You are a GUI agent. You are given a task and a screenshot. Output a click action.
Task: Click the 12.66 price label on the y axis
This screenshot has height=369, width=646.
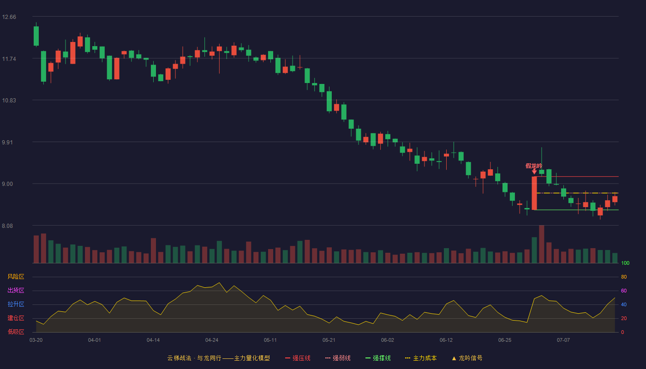[9, 17]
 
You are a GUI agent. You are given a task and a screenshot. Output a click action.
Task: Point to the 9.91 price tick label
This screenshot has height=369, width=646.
[7, 143]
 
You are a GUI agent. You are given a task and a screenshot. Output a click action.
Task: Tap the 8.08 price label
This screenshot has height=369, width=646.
[7, 226]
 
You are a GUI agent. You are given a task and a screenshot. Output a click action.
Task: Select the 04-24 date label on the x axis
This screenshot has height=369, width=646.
[212, 340]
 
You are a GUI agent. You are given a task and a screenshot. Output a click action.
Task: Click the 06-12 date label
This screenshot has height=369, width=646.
[446, 340]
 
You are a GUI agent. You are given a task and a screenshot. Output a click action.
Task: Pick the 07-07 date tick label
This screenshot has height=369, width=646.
[563, 340]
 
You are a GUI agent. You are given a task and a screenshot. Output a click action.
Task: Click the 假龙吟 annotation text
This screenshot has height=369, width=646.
[534, 166]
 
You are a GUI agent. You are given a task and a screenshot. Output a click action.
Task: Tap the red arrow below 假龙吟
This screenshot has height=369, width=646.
[534, 172]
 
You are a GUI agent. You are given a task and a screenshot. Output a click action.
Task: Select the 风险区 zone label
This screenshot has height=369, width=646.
[16, 277]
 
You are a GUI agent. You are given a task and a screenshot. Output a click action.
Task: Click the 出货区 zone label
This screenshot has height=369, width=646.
[16, 290]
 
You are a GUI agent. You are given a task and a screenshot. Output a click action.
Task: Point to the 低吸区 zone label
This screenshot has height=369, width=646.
[16, 332]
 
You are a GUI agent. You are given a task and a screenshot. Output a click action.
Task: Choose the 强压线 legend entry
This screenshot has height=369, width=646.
[298, 358]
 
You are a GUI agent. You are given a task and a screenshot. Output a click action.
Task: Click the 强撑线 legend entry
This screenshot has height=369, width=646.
[378, 358]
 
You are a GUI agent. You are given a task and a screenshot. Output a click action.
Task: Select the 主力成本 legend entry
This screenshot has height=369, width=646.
[421, 358]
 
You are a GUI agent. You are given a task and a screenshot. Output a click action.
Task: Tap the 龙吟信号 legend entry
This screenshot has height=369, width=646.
[467, 358]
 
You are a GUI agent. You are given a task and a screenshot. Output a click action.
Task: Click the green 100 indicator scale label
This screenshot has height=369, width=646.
[625, 263]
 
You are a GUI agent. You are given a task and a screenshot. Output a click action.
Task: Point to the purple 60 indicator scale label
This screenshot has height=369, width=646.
[624, 291]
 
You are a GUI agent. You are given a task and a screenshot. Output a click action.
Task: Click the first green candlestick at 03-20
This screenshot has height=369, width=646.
[36, 36]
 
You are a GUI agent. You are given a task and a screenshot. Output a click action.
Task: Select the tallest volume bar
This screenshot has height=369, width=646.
[542, 244]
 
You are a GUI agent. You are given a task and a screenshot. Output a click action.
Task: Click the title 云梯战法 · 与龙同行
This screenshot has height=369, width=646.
[194, 358]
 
